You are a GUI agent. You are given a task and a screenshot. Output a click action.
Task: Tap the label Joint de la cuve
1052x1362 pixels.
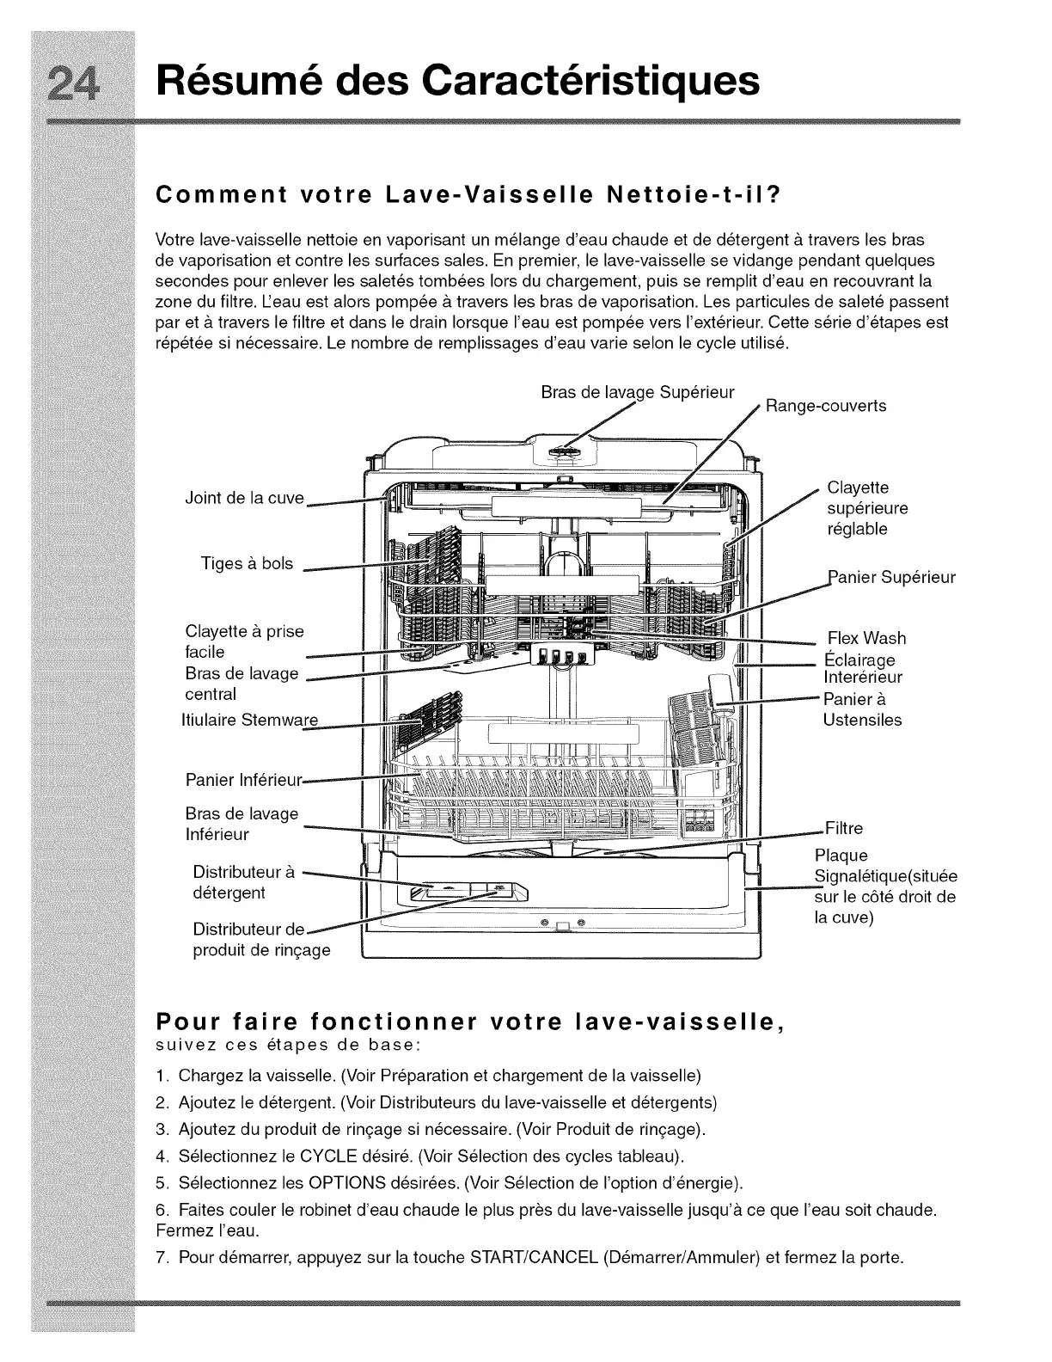(244, 499)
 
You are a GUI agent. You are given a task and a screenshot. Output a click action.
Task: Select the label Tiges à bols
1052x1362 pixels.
(247, 564)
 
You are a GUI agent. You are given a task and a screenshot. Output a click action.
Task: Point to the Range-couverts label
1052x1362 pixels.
(825, 406)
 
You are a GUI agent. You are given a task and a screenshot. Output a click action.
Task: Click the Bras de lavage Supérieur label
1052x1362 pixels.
(638, 393)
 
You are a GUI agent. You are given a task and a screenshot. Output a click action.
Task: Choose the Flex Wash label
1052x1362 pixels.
(865, 638)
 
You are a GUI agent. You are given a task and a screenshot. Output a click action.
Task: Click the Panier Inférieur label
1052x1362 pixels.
(244, 781)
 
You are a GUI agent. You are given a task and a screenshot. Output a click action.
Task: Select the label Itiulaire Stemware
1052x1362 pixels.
(249, 720)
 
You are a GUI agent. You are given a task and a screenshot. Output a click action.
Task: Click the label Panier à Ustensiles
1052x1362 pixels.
(862, 709)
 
